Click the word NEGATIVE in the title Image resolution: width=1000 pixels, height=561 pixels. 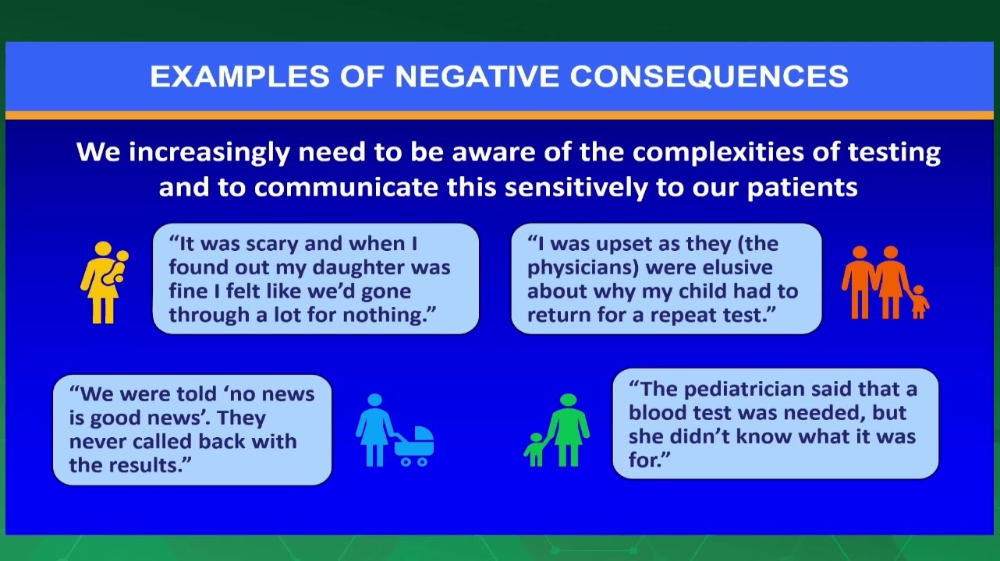coord(477,76)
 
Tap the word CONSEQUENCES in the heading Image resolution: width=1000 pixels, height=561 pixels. coord(709,76)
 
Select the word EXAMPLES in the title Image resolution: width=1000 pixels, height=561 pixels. coord(239,76)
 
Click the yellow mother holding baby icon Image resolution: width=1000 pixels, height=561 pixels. coord(105,282)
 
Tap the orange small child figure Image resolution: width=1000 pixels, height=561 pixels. coord(919,302)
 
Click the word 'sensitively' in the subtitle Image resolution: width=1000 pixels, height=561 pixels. coord(576,187)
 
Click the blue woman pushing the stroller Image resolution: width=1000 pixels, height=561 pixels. coord(374,430)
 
